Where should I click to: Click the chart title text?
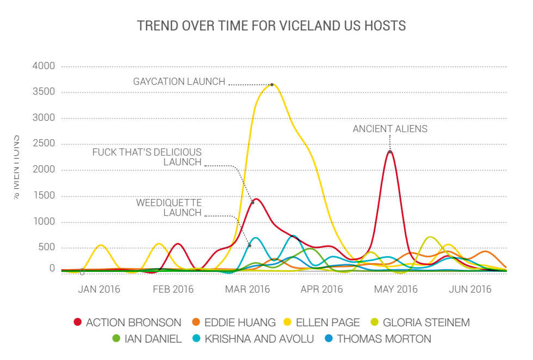271,26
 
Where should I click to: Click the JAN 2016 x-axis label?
99,289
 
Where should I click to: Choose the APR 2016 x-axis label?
322,289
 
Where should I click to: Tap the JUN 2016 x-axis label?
470,289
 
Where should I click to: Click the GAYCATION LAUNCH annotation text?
179,82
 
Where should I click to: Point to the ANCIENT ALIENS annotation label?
390,129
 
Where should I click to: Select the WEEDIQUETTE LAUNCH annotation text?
169,208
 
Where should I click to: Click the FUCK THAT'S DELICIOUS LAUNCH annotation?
147,157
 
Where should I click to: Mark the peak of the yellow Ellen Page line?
272,84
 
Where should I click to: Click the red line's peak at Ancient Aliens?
390,151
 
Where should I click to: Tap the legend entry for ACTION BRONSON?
127,322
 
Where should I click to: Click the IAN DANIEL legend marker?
116,339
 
